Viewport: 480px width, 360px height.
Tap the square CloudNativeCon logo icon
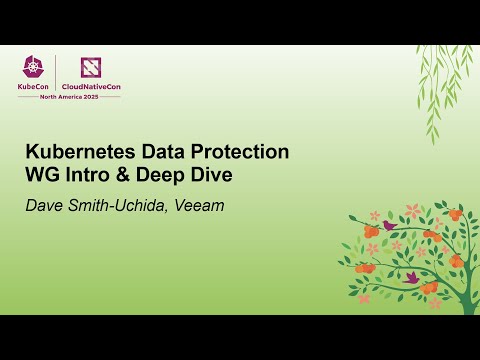point(90,67)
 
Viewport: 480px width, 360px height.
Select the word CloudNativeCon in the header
point(90,87)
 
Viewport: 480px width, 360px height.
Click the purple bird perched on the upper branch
point(389,226)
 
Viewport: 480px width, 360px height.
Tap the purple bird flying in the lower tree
point(410,276)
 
